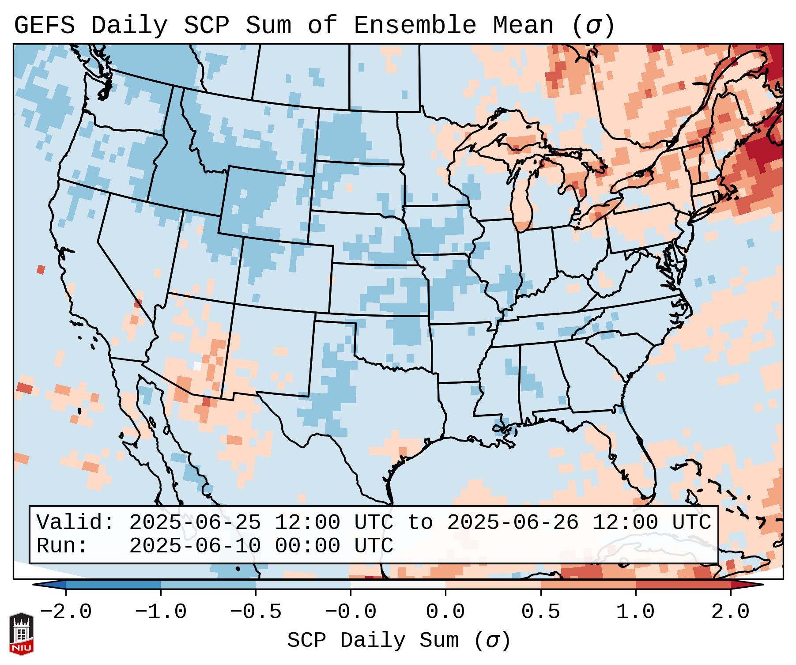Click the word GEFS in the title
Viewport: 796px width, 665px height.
coord(44,26)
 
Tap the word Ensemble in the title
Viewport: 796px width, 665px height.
coord(415,26)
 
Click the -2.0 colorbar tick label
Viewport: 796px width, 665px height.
coord(66,612)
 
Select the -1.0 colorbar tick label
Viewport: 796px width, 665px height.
coord(161,612)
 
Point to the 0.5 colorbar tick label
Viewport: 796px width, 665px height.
coord(541,612)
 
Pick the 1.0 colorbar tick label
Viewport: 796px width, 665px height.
coord(636,612)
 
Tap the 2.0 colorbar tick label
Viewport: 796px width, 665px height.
coord(731,612)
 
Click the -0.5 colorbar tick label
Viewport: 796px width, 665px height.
coord(256,612)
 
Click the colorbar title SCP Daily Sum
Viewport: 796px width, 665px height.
coord(373,641)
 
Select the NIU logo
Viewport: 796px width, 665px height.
coord(21,634)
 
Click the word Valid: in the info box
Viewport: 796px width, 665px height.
coord(75,523)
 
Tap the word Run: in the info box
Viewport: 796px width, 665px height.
coord(62,546)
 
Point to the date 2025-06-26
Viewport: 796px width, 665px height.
coord(513,523)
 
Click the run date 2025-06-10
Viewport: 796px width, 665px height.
coord(195,546)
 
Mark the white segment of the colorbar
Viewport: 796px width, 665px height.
coord(398,585)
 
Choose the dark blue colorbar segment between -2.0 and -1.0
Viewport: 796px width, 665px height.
coord(113,585)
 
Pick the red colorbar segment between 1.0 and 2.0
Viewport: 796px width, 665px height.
coord(683,585)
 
